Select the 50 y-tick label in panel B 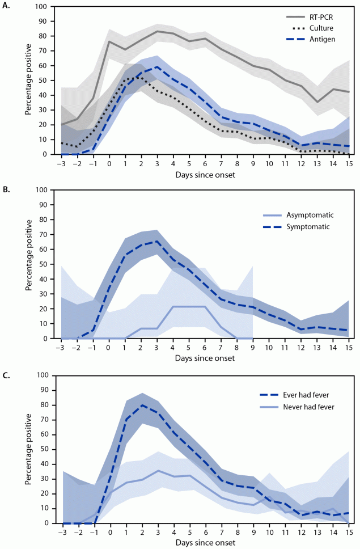coord(40,264)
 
